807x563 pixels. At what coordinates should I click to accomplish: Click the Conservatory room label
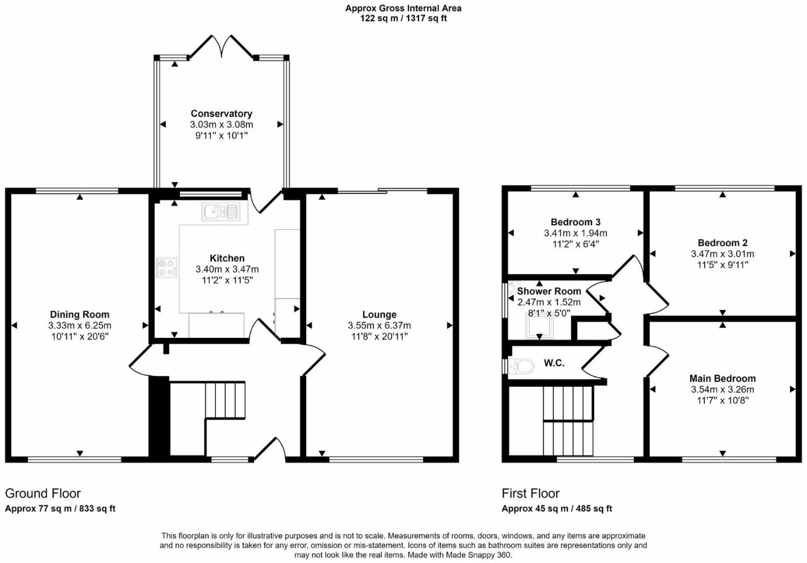(x=221, y=114)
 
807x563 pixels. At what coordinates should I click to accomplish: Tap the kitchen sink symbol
(x=220, y=211)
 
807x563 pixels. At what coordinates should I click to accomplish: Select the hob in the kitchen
(x=167, y=267)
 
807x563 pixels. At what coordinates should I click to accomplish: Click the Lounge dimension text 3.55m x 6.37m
(x=379, y=325)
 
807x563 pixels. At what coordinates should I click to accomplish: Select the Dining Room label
(x=80, y=314)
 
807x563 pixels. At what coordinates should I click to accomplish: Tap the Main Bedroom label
(x=722, y=378)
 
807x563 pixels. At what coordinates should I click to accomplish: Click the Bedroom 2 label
(x=722, y=243)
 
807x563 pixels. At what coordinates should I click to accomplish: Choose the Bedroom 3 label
(x=575, y=222)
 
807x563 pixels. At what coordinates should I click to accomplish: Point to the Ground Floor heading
(x=43, y=493)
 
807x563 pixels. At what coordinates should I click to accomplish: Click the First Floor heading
(x=531, y=493)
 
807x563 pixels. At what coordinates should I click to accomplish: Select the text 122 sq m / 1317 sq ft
(x=403, y=18)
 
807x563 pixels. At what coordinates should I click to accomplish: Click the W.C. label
(x=554, y=363)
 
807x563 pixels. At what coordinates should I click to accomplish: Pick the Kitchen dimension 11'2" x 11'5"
(x=227, y=280)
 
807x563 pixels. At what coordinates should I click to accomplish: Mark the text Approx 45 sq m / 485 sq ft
(x=557, y=508)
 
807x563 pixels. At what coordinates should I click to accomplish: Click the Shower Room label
(x=549, y=291)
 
